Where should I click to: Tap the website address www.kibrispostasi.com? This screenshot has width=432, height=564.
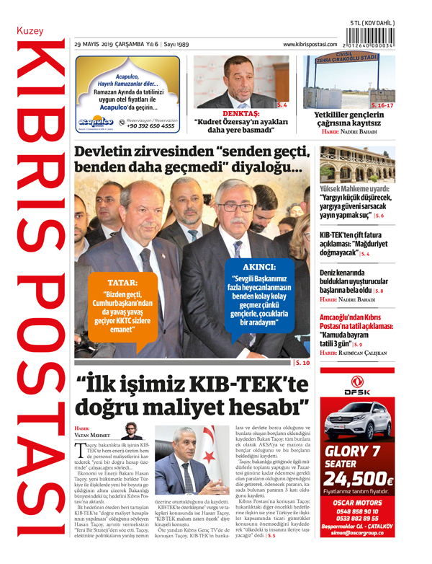(x=310, y=44)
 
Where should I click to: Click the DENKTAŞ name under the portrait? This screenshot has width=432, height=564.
(x=241, y=114)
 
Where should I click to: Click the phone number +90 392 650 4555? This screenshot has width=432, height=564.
(x=150, y=126)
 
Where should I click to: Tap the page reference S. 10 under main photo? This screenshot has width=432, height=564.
(x=302, y=363)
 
